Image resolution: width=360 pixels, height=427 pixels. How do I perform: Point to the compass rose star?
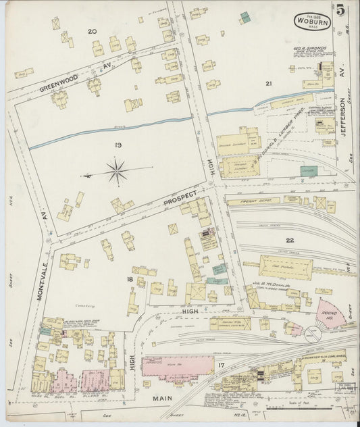117,171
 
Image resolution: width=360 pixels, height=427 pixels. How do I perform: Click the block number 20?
93,31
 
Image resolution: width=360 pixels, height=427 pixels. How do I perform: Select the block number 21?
268,84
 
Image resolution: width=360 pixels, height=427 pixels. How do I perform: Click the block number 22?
290,241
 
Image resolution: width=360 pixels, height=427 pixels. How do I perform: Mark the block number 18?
129,278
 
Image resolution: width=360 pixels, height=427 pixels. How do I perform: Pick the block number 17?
221,366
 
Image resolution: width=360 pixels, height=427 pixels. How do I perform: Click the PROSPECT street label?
180,199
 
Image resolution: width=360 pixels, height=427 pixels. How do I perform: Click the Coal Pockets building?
286,266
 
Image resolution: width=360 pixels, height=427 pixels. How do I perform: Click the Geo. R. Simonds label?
309,49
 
